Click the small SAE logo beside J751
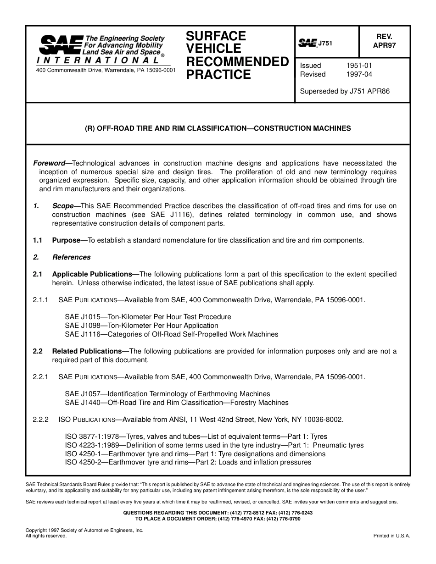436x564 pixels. pos(308,43)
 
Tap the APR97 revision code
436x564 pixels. pos(384,45)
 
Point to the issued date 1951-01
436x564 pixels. pos(359,66)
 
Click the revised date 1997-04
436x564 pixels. pos(359,74)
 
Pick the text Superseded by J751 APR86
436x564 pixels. pos(345,91)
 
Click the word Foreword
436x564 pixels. pos(49,163)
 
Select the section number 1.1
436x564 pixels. pos(38,240)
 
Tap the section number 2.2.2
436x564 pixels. pos(40,420)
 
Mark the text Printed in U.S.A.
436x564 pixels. pos(392,536)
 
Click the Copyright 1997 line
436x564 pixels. pos(84,530)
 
